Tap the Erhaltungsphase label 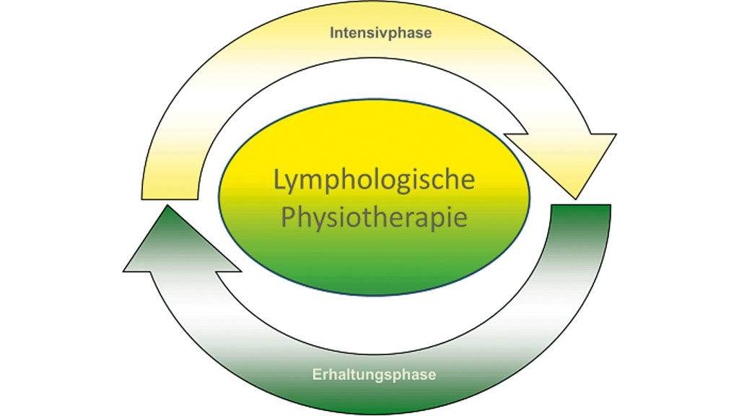[374, 375]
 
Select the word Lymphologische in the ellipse [374, 180]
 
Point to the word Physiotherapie [374, 217]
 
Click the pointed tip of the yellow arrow [576, 197]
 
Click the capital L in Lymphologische [279, 180]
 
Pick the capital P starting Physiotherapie [287, 217]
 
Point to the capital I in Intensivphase [333, 32]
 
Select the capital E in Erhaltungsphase [316, 375]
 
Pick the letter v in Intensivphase [387, 33]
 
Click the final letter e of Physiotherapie [461, 217]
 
